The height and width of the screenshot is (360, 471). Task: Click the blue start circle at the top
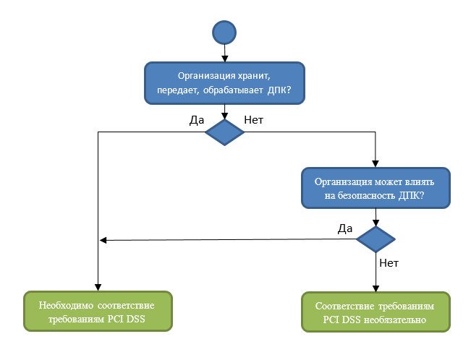pyautogui.click(x=224, y=32)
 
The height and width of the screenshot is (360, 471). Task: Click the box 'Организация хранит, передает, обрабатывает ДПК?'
pyautogui.click(x=224, y=83)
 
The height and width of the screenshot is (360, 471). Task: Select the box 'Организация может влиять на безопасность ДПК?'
pyautogui.click(x=375, y=188)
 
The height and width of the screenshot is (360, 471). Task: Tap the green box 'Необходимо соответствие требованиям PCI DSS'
pyautogui.click(x=98, y=311)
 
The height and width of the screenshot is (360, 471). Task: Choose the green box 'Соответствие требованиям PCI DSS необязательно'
pyautogui.click(x=375, y=311)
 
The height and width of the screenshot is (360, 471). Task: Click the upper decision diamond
pyautogui.click(x=225, y=132)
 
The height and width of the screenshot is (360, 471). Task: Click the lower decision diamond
pyautogui.click(x=375, y=239)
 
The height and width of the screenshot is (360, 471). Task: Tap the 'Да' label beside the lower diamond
pyautogui.click(x=345, y=228)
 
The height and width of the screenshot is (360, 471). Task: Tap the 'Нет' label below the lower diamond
pyautogui.click(x=389, y=262)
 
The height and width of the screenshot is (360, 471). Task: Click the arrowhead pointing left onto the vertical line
pyautogui.click(x=103, y=240)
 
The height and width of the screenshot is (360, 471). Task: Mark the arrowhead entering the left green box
pyautogui.click(x=98, y=287)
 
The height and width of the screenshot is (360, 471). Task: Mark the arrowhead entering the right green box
pyautogui.click(x=375, y=287)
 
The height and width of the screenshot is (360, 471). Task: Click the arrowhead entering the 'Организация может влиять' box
pyautogui.click(x=375, y=163)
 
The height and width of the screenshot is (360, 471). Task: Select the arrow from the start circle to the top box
pyautogui.click(x=224, y=53)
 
